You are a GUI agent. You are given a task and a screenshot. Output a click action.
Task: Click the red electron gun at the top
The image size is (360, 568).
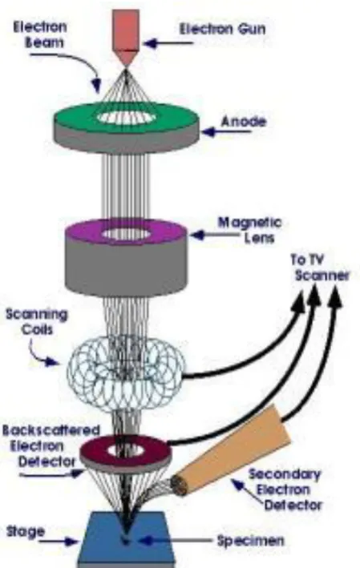point(125,36)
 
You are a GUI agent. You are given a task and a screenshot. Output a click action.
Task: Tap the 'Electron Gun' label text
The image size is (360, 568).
point(223,29)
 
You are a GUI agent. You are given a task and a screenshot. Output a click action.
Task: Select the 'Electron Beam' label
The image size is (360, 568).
point(40,34)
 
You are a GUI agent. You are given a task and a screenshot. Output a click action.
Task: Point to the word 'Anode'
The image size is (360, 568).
point(243,121)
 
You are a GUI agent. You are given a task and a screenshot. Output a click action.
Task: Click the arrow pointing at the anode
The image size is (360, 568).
point(226,132)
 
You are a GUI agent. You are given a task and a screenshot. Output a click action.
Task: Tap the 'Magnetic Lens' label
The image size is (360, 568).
point(250,230)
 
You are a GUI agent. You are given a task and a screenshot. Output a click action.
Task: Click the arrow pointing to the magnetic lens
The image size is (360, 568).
point(215,236)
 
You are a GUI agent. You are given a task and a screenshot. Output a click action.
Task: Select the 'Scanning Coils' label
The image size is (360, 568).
point(37,322)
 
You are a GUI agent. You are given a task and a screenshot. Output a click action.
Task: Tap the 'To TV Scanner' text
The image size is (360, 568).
point(319,268)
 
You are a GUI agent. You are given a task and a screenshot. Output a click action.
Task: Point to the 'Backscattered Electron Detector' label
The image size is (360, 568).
point(51,445)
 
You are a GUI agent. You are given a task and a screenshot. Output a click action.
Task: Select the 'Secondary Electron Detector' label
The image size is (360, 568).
point(285,489)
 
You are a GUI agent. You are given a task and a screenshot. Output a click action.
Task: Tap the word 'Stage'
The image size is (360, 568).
point(26,531)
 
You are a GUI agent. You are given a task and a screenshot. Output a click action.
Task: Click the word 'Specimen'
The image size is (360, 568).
point(250,541)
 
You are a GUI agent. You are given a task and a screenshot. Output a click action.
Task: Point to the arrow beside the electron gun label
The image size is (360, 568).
point(168,43)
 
